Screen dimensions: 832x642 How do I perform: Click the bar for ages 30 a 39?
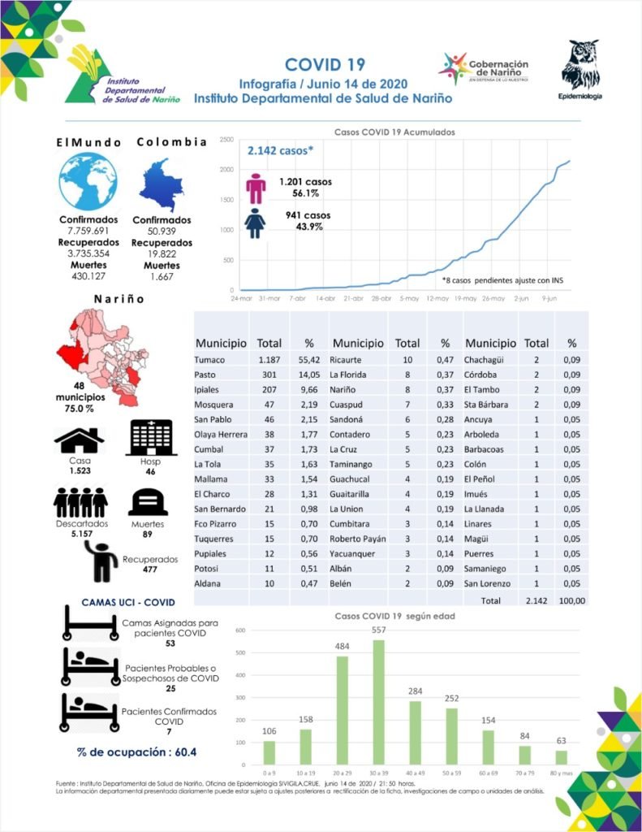(377, 702)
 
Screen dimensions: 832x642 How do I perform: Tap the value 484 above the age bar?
(342, 646)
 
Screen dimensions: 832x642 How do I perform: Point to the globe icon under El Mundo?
(88, 182)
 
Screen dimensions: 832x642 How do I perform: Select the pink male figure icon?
(256, 188)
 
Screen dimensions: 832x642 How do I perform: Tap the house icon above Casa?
(79, 440)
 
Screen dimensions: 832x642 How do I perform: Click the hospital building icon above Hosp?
(151, 438)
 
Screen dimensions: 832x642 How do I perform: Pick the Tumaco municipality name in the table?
(209, 359)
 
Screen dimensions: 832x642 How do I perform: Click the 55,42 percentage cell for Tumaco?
(308, 359)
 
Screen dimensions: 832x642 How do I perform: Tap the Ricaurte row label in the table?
(351, 359)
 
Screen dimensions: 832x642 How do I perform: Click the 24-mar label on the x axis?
(242, 298)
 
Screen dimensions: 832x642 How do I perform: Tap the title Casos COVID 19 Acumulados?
(394, 132)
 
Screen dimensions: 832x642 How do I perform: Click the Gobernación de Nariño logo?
(484, 69)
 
